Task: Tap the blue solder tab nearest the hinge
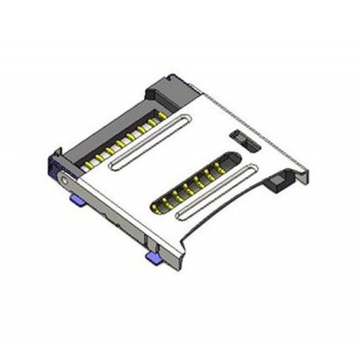76,200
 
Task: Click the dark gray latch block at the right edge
280,186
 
